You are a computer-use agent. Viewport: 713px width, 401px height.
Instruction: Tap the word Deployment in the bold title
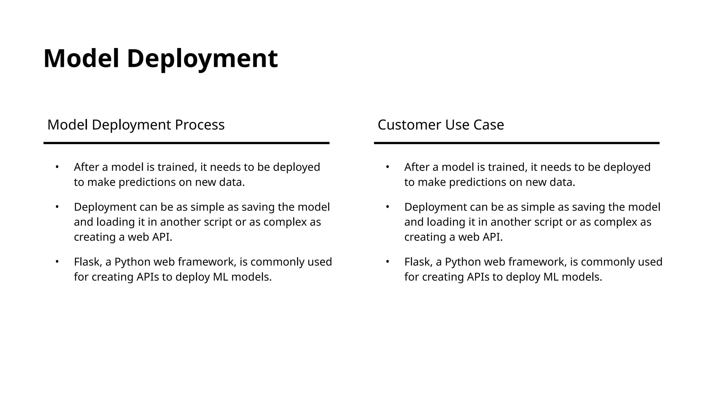[x=202, y=58]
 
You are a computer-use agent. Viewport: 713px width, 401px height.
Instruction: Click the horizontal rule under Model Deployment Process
[x=186, y=143]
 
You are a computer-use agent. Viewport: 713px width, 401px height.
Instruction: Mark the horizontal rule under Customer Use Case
[x=517, y=143]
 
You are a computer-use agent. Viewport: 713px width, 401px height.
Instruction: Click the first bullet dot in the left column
[x=57, y=167]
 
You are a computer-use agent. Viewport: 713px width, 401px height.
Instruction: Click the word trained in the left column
[x=177, y=167]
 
